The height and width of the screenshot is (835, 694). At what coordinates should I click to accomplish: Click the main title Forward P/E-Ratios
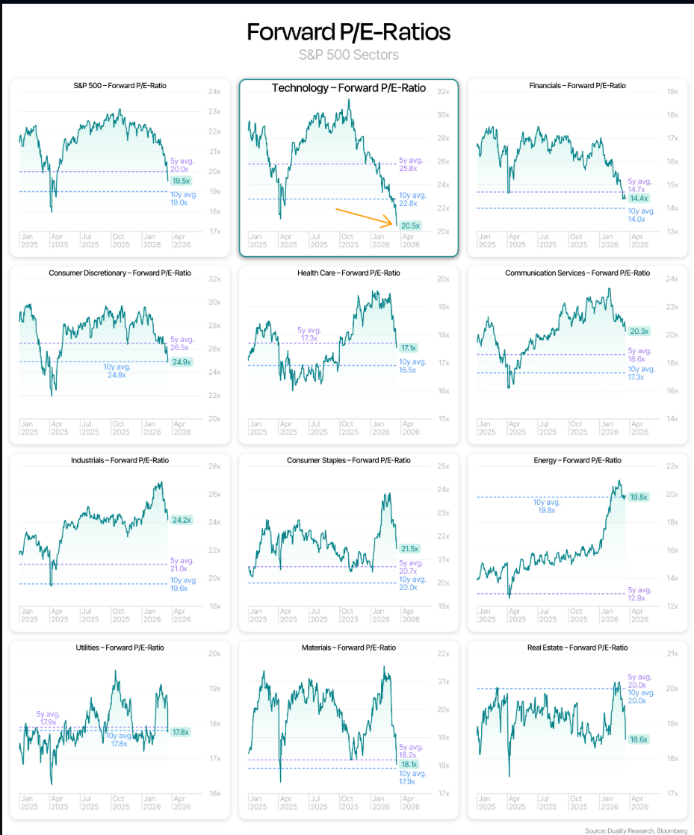coord(348,32)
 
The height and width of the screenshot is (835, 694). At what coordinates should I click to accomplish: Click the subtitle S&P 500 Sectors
coord(348,55)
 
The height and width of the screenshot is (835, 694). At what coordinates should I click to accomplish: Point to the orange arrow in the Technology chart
coord(365,216)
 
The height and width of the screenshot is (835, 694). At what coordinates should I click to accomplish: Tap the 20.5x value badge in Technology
coord(410,225)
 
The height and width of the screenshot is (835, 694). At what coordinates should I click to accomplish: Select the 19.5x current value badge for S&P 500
coord(181,181)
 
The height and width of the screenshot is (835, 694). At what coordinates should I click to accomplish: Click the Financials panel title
coord(577,86)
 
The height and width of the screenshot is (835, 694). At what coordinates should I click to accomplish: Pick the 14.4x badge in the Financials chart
coord(639,198)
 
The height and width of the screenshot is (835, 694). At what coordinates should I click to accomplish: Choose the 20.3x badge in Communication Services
coord(639,331)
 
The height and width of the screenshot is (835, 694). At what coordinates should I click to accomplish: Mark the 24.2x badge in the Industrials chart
coord(182,520)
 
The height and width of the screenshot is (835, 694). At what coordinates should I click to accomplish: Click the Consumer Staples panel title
coord(348,460)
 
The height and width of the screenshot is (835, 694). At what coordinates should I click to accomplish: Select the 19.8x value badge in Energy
coord(639,496)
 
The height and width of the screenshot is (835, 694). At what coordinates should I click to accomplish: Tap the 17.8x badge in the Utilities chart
coord(181,732)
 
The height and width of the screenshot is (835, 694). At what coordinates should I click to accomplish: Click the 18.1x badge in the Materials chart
coord(409,764)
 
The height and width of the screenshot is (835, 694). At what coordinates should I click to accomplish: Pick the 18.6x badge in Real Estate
coord(639,739)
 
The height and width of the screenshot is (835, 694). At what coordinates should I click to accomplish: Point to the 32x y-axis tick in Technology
coord(442,92)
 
